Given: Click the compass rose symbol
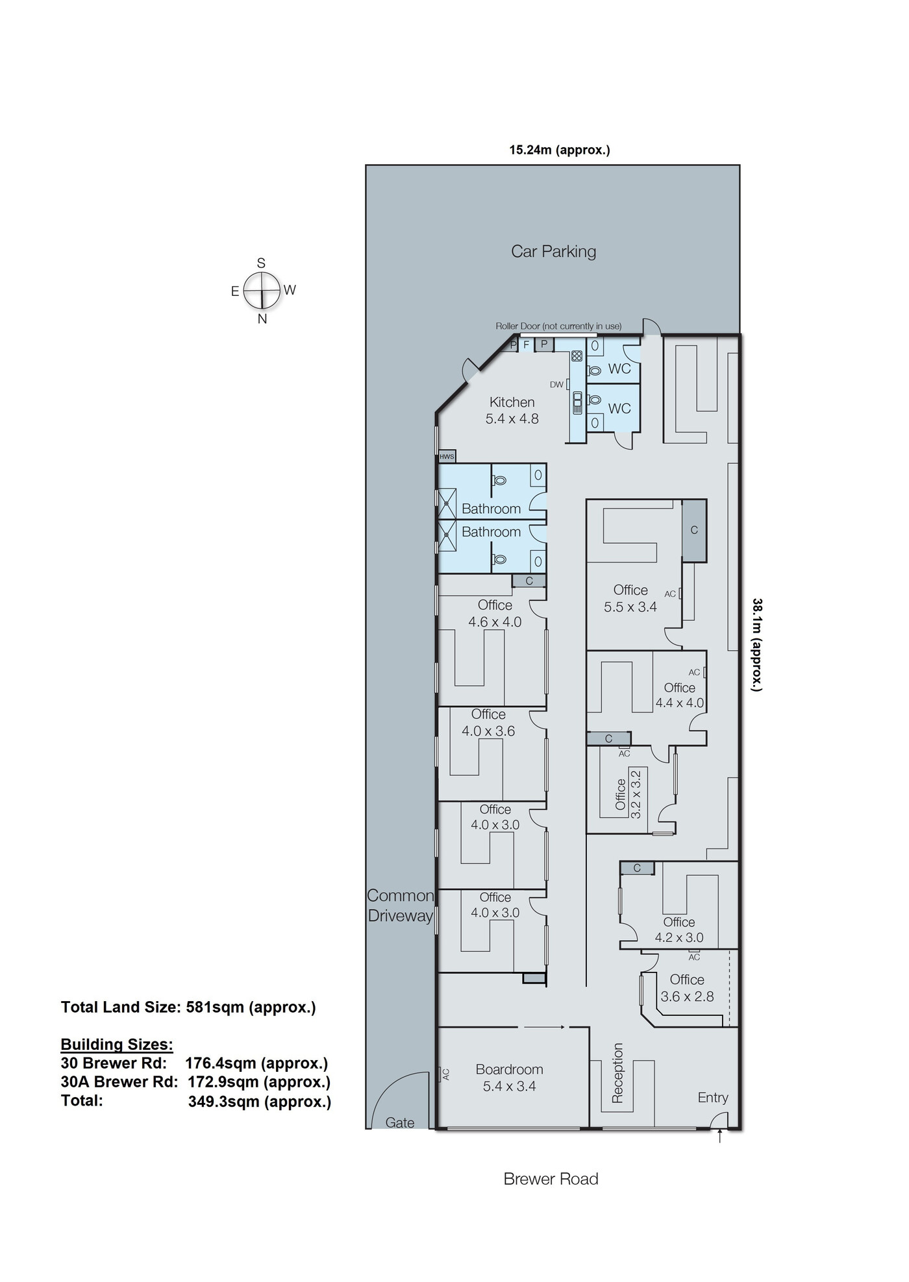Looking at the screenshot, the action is click(x=262, y=290).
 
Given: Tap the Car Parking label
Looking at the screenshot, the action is click(x=553, y=251).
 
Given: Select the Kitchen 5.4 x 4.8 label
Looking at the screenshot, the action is click(x=512, y=410).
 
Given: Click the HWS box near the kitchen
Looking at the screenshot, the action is click(x=447, y=456).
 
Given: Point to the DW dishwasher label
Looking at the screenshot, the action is click(x=556, y=385).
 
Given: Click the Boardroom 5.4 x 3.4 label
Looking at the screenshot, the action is click(x=509, y=1078).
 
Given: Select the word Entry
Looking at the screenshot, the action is click(x=713, y=1097).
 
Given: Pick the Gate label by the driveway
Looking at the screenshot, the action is click(x=400, y=1122).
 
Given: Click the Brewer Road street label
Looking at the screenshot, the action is click(x=551, y=1179).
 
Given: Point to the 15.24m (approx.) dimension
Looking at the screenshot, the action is click(x=560, y=150).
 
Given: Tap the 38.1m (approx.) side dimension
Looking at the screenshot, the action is click(x=757, y=644).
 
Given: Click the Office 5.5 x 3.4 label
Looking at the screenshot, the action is click(x=630, y=598).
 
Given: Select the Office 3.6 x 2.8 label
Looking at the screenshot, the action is click(x=687, y=988).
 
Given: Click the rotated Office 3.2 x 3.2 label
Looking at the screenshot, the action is click(x=628, y=793).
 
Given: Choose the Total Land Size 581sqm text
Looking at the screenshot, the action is click(x=188, y=1007).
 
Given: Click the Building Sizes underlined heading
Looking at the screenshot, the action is click(x=117, y=1045).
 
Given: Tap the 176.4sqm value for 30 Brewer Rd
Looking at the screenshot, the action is click(x=256, y=1063).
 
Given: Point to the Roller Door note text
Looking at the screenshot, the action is click(x=558, y=326).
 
